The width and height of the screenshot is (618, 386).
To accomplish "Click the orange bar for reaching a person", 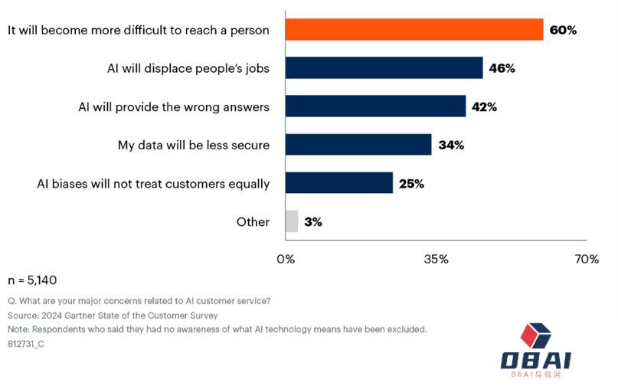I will [414, 30].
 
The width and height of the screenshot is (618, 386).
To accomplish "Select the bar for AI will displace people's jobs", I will [384, 68].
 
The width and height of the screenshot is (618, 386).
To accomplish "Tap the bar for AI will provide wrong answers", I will [375, 106].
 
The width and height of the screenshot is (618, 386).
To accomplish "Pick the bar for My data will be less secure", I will [358, 145].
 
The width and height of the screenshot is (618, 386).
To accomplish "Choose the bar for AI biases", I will [338, 183].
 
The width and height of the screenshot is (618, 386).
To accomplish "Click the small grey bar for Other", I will [291, 221].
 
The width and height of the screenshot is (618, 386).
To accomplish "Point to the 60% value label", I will [562, 31].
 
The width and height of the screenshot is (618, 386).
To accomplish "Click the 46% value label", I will [502, 69].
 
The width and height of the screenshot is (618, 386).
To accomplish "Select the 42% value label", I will [484, 107].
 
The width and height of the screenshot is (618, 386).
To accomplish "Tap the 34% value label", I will [450, 146].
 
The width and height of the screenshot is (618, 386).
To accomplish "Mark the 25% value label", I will [412, 184].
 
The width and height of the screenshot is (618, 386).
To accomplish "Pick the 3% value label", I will [312, 222].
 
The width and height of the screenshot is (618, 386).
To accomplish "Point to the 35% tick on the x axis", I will [436, 260].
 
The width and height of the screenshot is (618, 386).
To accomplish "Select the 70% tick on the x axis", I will [587, 260].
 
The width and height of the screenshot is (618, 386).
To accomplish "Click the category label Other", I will [253, 222].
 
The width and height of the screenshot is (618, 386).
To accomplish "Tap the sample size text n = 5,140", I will [31, 280].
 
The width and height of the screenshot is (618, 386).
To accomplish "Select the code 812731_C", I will [28, 344].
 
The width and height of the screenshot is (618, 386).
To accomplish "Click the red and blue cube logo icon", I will [535, 336].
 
